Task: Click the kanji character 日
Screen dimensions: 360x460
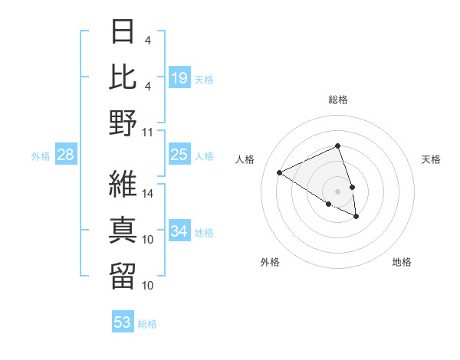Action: pyautogui.click(x=123, y=32)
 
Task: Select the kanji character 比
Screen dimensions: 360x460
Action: pyautogui.click(x=123, y=77)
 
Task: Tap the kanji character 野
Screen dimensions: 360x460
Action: pyautogui.click(x=123, y=123)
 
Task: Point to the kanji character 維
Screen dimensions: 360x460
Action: pyautogui.click(x=123, y=184)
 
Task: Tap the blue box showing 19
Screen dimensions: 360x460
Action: pyautogui.click(x=179, y=77)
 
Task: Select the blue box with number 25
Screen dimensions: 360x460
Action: pyautogui.click(x=179, y=155)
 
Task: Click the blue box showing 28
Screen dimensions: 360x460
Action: pyautogui.click(x=65, y=155)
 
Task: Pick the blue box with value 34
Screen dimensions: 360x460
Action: pyautogui.click(x=179, y=231)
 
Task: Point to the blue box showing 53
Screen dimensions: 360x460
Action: pyautogui.click(x=122, y=322)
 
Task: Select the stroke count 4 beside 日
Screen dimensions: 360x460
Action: pyautogui.click(x=148, y=39)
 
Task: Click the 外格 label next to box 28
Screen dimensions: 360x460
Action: pyautogui.click(x=41, y=156)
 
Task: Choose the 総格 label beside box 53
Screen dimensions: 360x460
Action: pyautogui.click(x=147, y=324)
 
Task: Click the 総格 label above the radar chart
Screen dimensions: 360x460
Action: pyautogui.click(x=337, y=100)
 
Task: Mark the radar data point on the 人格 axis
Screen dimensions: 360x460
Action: pyautogui.click(x=280, y=173)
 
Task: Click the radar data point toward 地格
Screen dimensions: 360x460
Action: pyautogui.click(x=356, y=217)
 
